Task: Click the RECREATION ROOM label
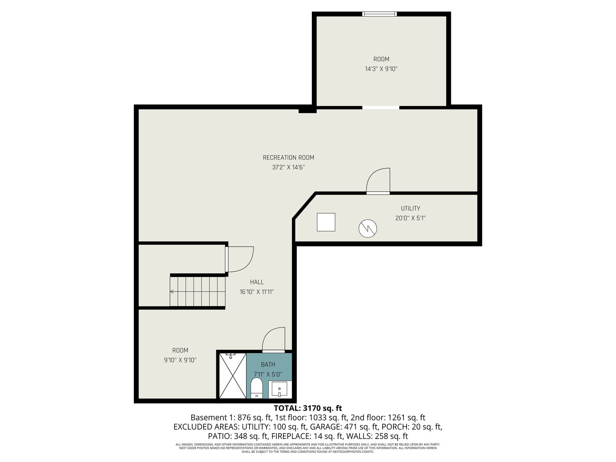tap(288, 157)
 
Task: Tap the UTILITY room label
tap(410, 208)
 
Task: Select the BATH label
tap(268, 365)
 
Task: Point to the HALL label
tap(257, 282)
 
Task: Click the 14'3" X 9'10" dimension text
tap(381, 69)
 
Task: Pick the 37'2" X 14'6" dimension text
tap(288, 167)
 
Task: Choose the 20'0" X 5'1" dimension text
tap(410, 218)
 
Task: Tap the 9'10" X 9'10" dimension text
tap(180, 360)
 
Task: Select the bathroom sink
tap(280, 389)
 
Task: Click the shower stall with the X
tap(233, 376)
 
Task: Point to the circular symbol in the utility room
tap(368, 228)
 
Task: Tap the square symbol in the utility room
tap(326, 222)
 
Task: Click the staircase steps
tap(198, 292)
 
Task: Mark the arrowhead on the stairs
tap(171, 292)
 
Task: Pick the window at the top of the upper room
tap(380, 14)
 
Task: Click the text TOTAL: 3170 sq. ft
tap(308, 408)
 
